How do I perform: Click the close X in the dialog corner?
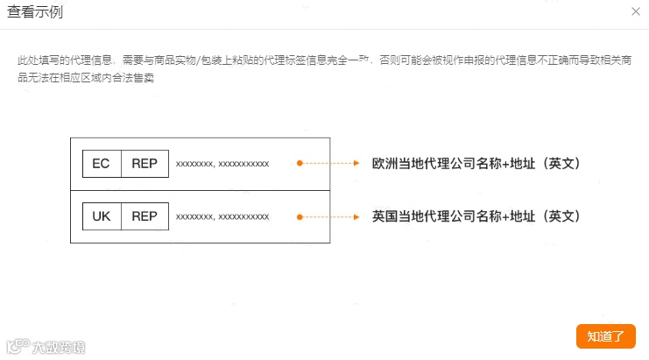click(x=635, y=11)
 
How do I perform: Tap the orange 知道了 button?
click(x=605, y=336)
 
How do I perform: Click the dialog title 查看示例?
click(x=35, y=12)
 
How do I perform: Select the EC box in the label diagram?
click(x=101, y=164)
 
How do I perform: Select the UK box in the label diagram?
click(x=101, y=216)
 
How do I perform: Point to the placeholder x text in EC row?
click(x=222, y=164)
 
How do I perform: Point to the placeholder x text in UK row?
click(x=222, y=216)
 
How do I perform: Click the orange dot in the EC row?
click(x=300, y=164)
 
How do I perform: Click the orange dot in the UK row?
click(x=300, y=216)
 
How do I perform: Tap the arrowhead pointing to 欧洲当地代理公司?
click(x=357, y=164)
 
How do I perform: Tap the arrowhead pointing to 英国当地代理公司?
click(x=357, y=216)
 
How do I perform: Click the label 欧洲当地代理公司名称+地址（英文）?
click(x=476, y=164)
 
